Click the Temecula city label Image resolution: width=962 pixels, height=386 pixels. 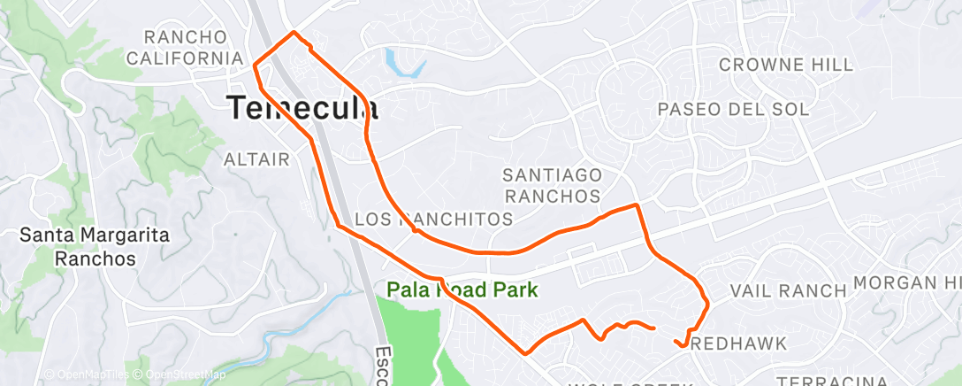tap(304, 108)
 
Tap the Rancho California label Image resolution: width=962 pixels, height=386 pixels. tap(185, 48)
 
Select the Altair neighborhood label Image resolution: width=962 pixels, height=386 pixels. tap(257, 159)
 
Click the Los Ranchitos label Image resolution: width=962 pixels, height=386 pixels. tap(432, 219)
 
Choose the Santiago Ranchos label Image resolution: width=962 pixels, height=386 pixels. tap(553, 185)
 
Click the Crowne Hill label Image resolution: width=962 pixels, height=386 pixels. tap(786, 65)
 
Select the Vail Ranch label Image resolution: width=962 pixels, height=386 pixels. tap(788, 290)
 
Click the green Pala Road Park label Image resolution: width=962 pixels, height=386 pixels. tap(462, 289)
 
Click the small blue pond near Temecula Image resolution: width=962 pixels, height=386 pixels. tap(402, 61)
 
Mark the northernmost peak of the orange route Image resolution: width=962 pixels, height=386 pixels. tap(294, 33)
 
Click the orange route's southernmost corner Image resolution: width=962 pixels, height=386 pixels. tap(526, 353)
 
